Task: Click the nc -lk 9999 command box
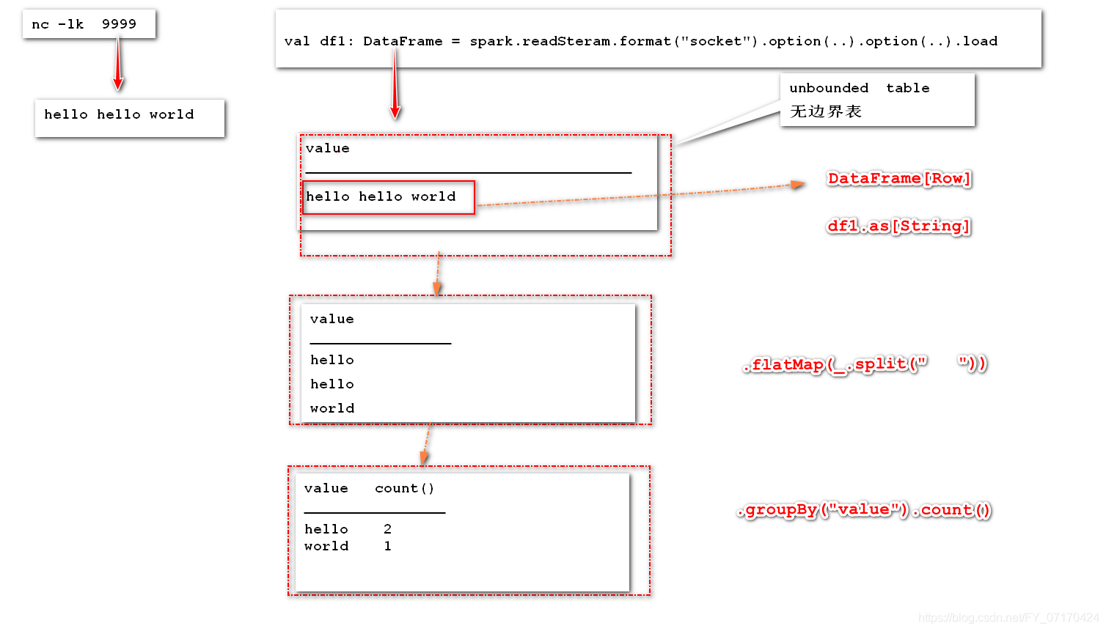89,24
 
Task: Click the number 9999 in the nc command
119,24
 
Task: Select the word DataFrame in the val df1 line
403,41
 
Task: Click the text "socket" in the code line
719,41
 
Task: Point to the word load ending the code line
980,41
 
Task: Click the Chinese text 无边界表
826,111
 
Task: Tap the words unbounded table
859,88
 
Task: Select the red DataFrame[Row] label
898,178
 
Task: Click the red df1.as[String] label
898,226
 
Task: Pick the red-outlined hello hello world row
388,197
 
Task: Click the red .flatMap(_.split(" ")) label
865,364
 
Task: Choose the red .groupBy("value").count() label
865,510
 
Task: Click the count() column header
404,488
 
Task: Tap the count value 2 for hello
387,529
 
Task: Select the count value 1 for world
387,546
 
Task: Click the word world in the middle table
332,408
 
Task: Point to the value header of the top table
327,148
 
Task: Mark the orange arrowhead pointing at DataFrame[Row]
797,185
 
